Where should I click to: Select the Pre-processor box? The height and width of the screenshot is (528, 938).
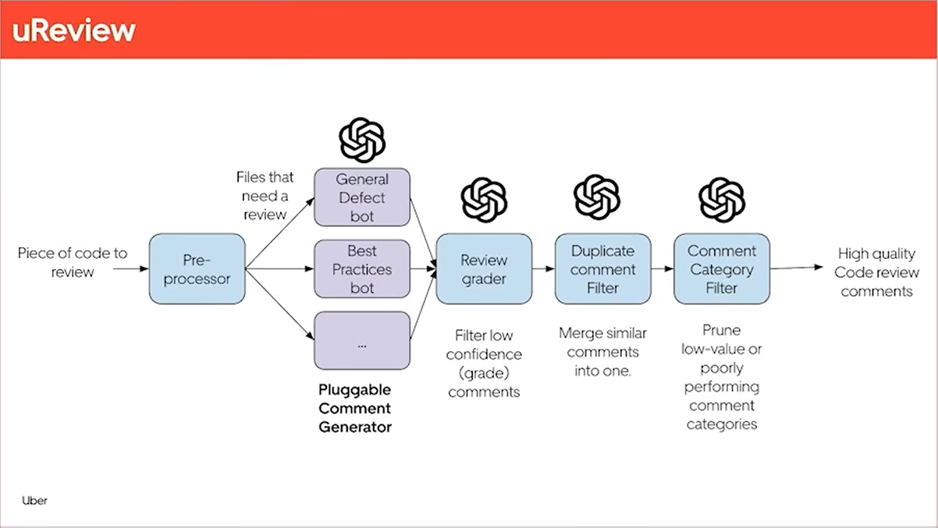(x=197, y=268)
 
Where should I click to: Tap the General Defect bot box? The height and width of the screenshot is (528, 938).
(x=362, y=197)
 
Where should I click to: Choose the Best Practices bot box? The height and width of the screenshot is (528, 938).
(x=362, y=269)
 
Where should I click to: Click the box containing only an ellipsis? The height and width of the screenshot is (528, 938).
(x=362, y=341)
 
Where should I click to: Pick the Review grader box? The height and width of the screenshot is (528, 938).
(x=484, y=269)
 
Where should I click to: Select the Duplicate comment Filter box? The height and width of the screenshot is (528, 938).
(x=602, y=269)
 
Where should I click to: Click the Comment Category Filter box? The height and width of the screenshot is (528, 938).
(x=722, y=269)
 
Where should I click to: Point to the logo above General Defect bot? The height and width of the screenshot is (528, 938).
(x=362, y=140)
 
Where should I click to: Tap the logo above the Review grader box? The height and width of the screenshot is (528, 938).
(x=484, y=200)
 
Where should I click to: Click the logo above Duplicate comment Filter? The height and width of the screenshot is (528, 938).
(x=597, y=197)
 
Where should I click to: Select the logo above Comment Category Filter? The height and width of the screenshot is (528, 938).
(x=722, y=200)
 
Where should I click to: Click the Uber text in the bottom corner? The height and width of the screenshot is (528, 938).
(x=34, y=501)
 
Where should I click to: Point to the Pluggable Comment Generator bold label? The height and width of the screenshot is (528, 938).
(x=355, y=408)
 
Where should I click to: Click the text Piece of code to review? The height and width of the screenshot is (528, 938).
(x=72, y=262)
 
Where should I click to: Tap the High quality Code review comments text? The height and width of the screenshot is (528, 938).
(x=876, y=272)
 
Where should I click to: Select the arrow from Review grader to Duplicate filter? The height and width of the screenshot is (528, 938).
(x=543, y=269)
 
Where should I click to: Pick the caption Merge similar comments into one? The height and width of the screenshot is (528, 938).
(x=602, y=353)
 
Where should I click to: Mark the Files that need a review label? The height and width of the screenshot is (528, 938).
(x=265, y=196)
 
